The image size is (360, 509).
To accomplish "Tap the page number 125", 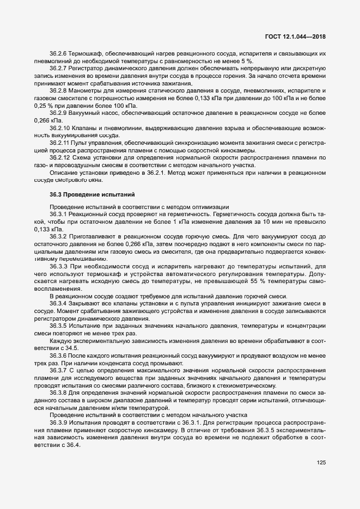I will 321,463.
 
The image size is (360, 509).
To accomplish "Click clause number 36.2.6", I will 58,54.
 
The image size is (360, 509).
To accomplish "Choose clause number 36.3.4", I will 58,303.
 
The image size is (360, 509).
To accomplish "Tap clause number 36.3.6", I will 58,354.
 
